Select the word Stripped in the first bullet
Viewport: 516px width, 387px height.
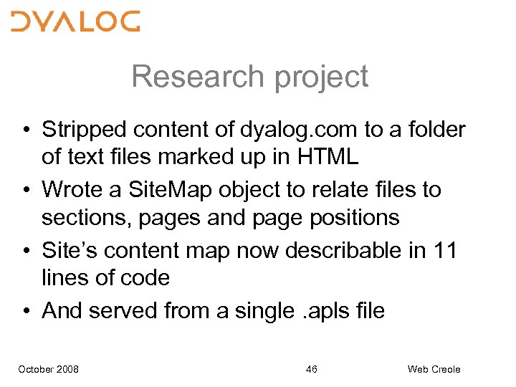84,130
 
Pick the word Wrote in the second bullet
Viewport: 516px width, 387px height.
74,190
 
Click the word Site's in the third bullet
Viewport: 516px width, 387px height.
70,251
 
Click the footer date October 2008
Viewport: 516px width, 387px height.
48,369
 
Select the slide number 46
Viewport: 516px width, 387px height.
311,369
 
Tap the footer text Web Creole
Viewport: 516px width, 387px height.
434,369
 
